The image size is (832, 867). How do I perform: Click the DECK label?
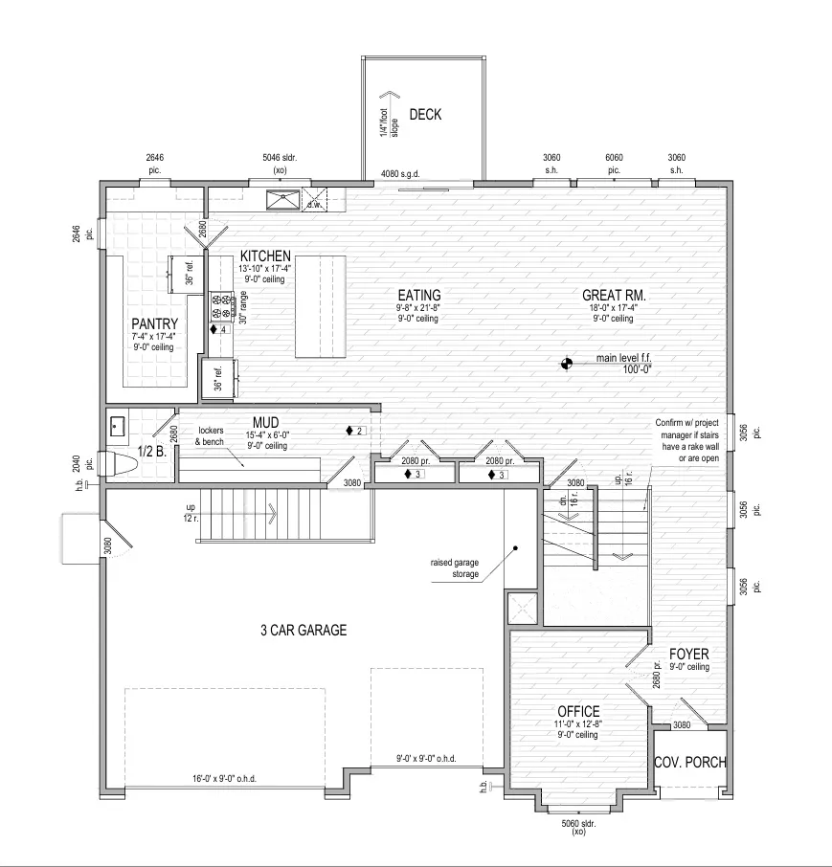(425, 115)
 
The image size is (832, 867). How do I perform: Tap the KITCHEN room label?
(265, 256)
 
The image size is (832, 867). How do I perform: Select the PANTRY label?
(154, 323)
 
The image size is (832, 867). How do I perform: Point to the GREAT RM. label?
(614, 296)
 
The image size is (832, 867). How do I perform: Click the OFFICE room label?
(578, 711)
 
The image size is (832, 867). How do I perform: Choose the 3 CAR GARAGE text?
(304, 630)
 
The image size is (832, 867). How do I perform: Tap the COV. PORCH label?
(690, 763)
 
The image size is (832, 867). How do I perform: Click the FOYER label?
(688, 655)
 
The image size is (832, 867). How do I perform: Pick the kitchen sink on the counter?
(282, 200)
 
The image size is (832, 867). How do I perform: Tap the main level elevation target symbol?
(566, 364)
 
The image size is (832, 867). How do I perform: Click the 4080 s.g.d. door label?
(400, 174)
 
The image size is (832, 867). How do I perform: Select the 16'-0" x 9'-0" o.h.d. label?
(224, 779)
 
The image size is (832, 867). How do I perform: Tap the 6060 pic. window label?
(614, 164)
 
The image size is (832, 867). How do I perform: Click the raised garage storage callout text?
(454, 568)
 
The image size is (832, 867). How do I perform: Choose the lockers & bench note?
(210, 435)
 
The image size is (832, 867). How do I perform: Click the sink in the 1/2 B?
(117, 426)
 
